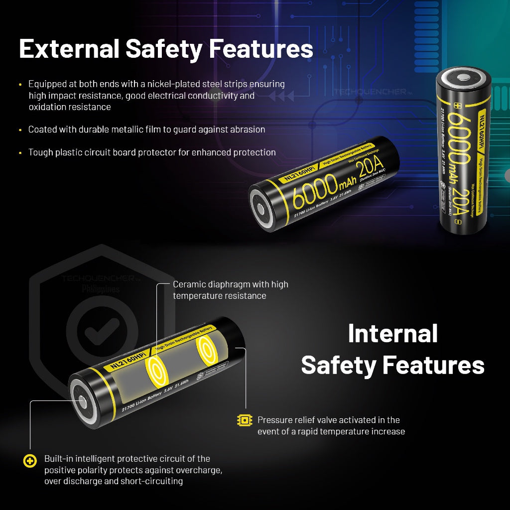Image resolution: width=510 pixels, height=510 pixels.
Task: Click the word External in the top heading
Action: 69,49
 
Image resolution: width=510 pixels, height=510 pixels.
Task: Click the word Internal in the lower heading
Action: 392,333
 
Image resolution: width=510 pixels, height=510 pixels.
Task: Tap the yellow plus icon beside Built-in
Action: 30,461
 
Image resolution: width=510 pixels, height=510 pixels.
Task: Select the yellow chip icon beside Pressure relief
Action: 245,420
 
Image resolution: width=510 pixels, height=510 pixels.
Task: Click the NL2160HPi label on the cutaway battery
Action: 125,360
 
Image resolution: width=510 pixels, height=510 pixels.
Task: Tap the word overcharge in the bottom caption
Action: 201,470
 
